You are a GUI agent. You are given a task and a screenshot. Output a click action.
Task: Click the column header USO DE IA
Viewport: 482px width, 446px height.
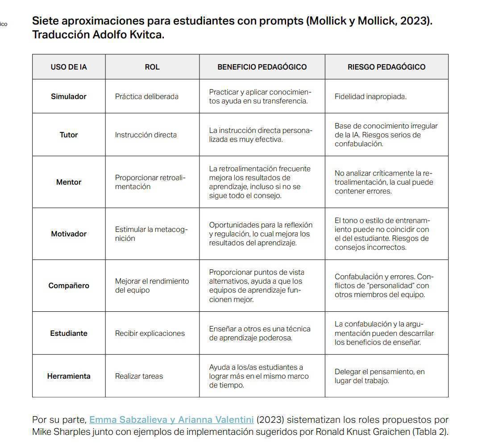[69, 67]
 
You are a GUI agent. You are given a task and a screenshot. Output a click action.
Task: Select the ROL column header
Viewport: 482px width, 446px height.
[152, 67]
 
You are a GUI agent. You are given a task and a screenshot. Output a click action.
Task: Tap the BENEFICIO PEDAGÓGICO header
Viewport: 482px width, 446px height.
[262, 67]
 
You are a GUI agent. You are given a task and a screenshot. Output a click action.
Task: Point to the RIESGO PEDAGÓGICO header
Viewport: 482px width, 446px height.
[386, 67]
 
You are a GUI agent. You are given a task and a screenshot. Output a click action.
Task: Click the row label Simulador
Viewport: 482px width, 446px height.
[69, 96]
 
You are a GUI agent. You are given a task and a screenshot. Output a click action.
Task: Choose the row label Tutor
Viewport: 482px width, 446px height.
[69, 135]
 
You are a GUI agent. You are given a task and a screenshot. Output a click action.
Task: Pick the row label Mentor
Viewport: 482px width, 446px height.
[69, 182]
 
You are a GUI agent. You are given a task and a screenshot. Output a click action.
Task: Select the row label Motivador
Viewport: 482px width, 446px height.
[69, 234]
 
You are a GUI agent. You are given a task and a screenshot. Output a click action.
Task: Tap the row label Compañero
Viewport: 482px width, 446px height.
[69, 285]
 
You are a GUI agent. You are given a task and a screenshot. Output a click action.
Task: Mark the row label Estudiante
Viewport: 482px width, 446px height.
[69, 333]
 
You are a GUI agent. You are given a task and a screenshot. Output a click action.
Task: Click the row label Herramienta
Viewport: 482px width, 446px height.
[69, 376]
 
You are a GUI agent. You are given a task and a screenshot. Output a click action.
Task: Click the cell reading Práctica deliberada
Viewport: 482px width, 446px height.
[146, 96]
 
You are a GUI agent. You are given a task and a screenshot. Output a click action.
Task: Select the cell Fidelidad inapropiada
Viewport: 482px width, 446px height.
[370, 96]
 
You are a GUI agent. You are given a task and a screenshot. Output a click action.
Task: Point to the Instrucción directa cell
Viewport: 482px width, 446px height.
[145, 135]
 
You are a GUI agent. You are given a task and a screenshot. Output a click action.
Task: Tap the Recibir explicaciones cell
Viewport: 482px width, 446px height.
[150, 333]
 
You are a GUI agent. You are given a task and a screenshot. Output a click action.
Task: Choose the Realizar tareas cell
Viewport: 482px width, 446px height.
[139, 376]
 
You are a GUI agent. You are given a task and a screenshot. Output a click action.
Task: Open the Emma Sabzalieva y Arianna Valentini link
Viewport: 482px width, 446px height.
[171, 420]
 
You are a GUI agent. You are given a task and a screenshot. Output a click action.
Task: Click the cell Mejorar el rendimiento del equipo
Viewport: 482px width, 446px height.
[152, 285]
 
